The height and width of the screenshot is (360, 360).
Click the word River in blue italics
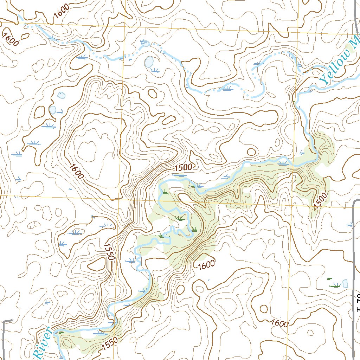(x=43, y=345)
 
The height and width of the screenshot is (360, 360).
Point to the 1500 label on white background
(x=183, y=168)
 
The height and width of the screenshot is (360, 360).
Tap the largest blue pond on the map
(x=149, y=62)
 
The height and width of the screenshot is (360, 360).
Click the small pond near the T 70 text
(x=345, y=283)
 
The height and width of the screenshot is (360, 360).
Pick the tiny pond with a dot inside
(x=62, y=95)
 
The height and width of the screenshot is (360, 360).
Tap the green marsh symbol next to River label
(x=60, y=332)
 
